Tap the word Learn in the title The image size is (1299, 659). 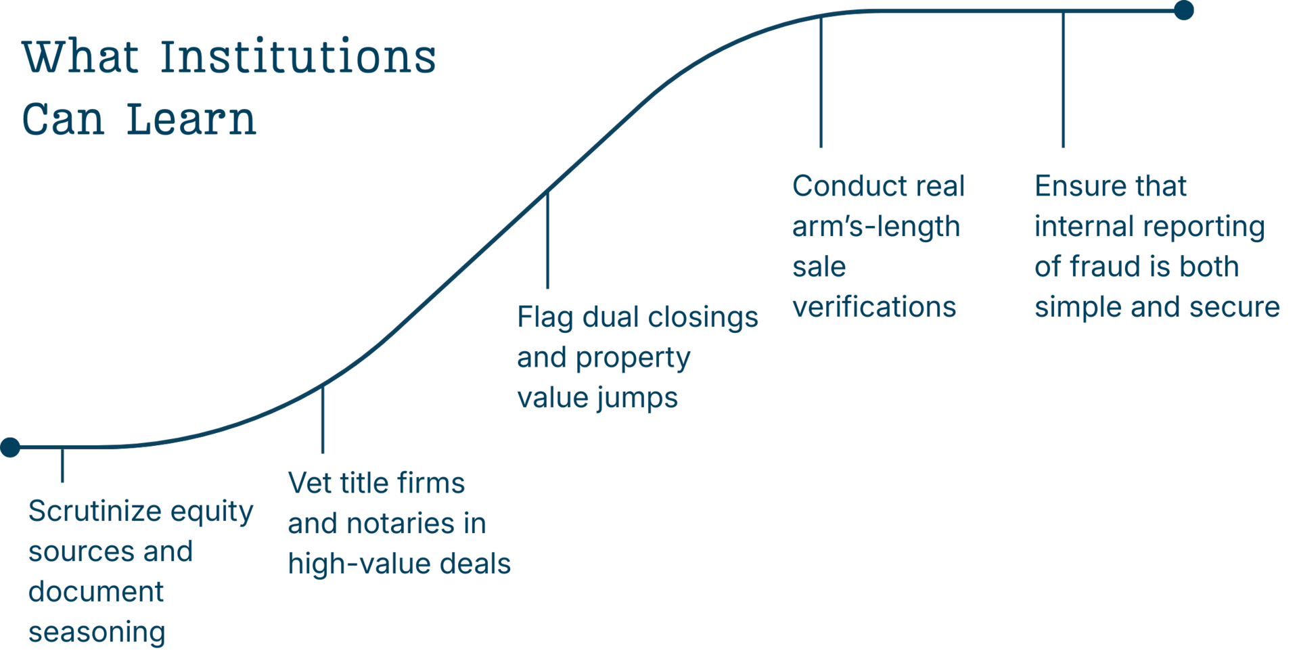pyautogui.click(x=191, y=120)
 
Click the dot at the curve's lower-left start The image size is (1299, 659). pyautogui.click(x=10, y=447)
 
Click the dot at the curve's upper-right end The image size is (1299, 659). pyautogui.click(x=1183, y=10)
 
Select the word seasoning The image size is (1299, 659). pyautogui.click(x=97, y=633)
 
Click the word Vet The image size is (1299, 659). pyautogui.click(x=309, y=483)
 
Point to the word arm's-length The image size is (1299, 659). pyautogui.click(x=876, y=227)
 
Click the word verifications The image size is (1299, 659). pyautogui.click(x=874, y=307)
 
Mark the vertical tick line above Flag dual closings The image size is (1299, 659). pyautogui.click(x=547, y=240)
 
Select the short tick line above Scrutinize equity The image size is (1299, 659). pyautogui.click(x=62, y=465)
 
